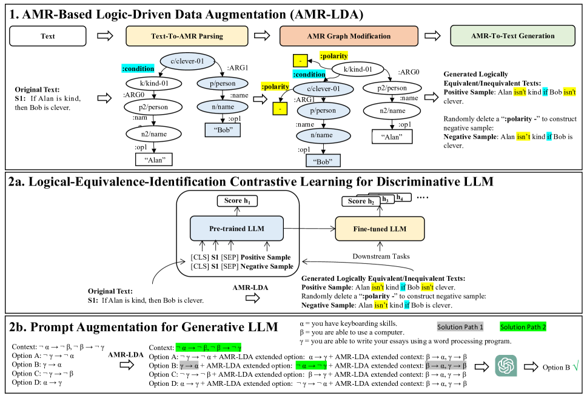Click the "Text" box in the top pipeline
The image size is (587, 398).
point(48,36)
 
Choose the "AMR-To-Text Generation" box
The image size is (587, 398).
point(512,36)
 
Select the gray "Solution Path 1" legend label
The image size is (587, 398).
point(460,327)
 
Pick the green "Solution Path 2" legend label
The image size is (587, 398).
point(523,327)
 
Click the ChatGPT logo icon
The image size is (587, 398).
point(506,366)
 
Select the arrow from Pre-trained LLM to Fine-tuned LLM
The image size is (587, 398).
point(309,229)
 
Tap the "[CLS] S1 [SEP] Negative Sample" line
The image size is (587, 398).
point(241,266)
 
